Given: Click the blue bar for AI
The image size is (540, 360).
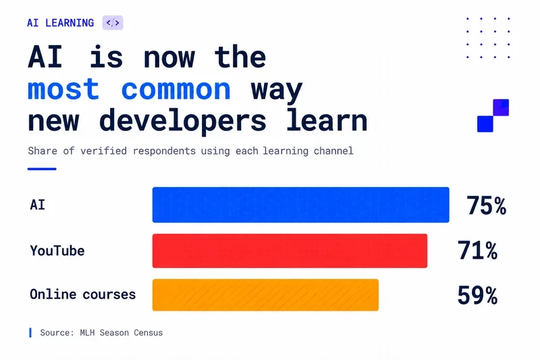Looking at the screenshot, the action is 300,205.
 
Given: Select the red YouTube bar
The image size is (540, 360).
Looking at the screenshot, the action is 290,251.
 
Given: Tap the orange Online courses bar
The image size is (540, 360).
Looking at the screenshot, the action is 265,295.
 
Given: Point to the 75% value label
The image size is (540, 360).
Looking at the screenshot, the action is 486,205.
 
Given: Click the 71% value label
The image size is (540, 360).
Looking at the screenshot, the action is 477,250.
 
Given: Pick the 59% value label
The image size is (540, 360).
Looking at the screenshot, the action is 477,295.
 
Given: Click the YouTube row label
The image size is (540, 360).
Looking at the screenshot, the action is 57,251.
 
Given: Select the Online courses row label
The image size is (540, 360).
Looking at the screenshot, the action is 82,294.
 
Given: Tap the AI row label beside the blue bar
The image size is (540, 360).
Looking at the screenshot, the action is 38,205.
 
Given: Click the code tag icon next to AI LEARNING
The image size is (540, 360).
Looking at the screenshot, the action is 113,23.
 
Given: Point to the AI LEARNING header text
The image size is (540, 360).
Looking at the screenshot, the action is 60,23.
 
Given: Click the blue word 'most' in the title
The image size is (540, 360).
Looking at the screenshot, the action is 63,89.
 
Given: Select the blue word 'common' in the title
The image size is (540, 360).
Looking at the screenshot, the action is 176,90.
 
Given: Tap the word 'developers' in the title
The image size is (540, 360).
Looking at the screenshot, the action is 182,121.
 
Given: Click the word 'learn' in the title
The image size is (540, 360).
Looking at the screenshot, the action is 327,120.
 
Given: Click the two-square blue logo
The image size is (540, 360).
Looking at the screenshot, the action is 493,115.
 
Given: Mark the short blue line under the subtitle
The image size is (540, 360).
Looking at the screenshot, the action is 42,169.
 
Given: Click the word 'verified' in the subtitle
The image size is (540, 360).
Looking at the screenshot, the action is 104,151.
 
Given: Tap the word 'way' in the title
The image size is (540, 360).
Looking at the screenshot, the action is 277,91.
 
